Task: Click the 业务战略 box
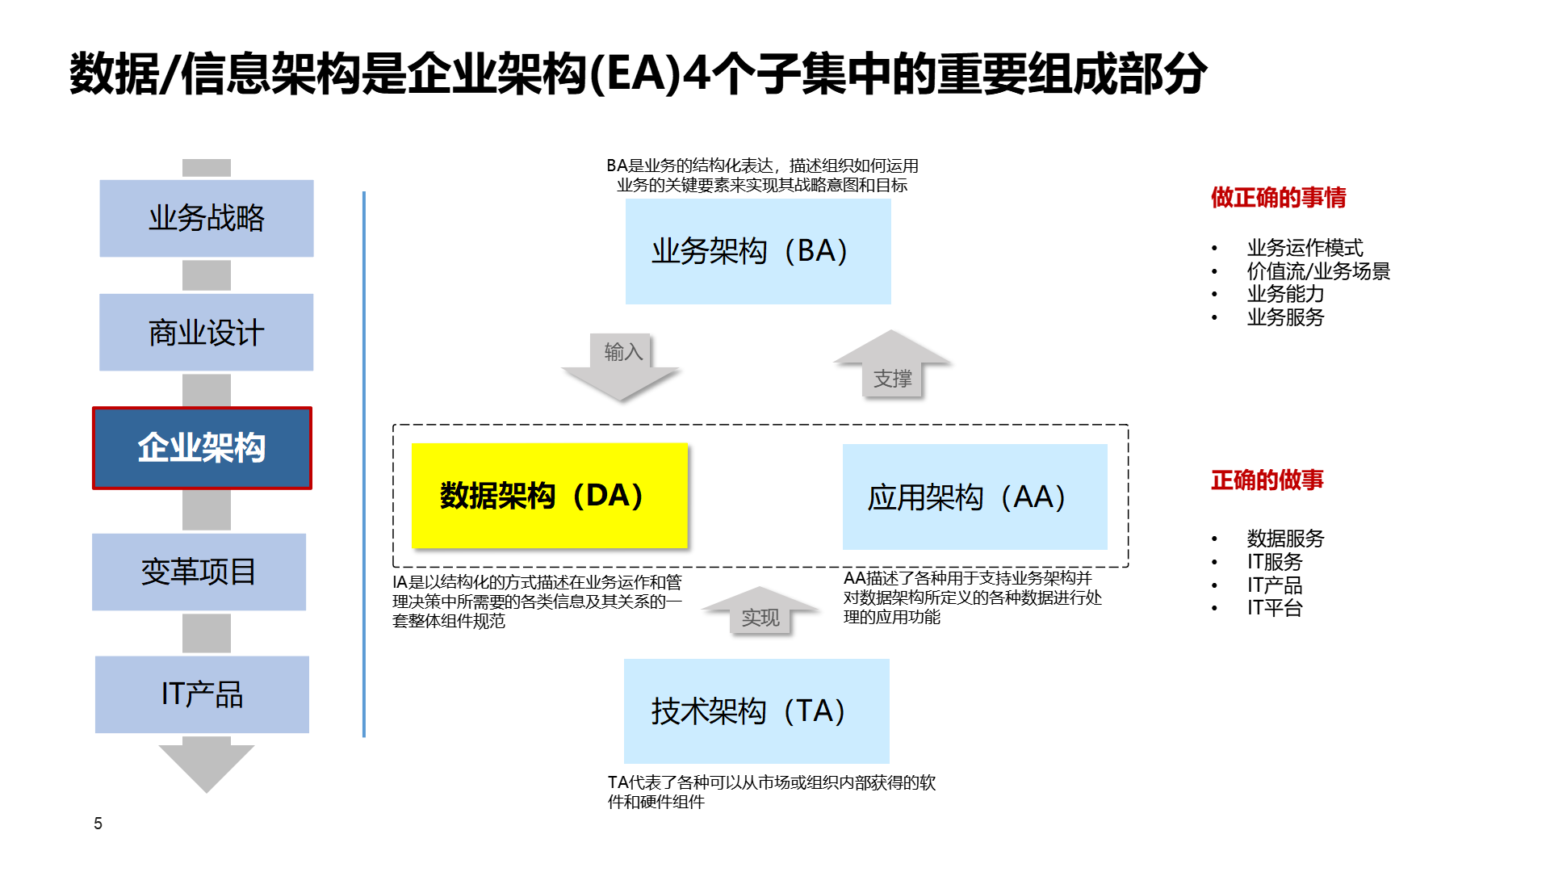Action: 207,218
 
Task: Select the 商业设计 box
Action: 207,332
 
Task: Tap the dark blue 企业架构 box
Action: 202,448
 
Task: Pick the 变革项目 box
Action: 199,572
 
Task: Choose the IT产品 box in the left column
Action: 202,694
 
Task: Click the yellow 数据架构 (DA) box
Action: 549,496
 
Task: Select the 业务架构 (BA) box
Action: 757,251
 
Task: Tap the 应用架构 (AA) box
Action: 974,497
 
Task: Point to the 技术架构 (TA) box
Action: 756,711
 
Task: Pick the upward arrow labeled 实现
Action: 760,612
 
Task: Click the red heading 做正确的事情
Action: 1278,198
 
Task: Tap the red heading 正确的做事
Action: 1267,480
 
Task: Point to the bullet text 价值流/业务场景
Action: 1318,271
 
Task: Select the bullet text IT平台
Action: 1275,608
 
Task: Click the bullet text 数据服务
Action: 1285,539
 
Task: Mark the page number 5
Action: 98,824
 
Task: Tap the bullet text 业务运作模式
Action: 1305,248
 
